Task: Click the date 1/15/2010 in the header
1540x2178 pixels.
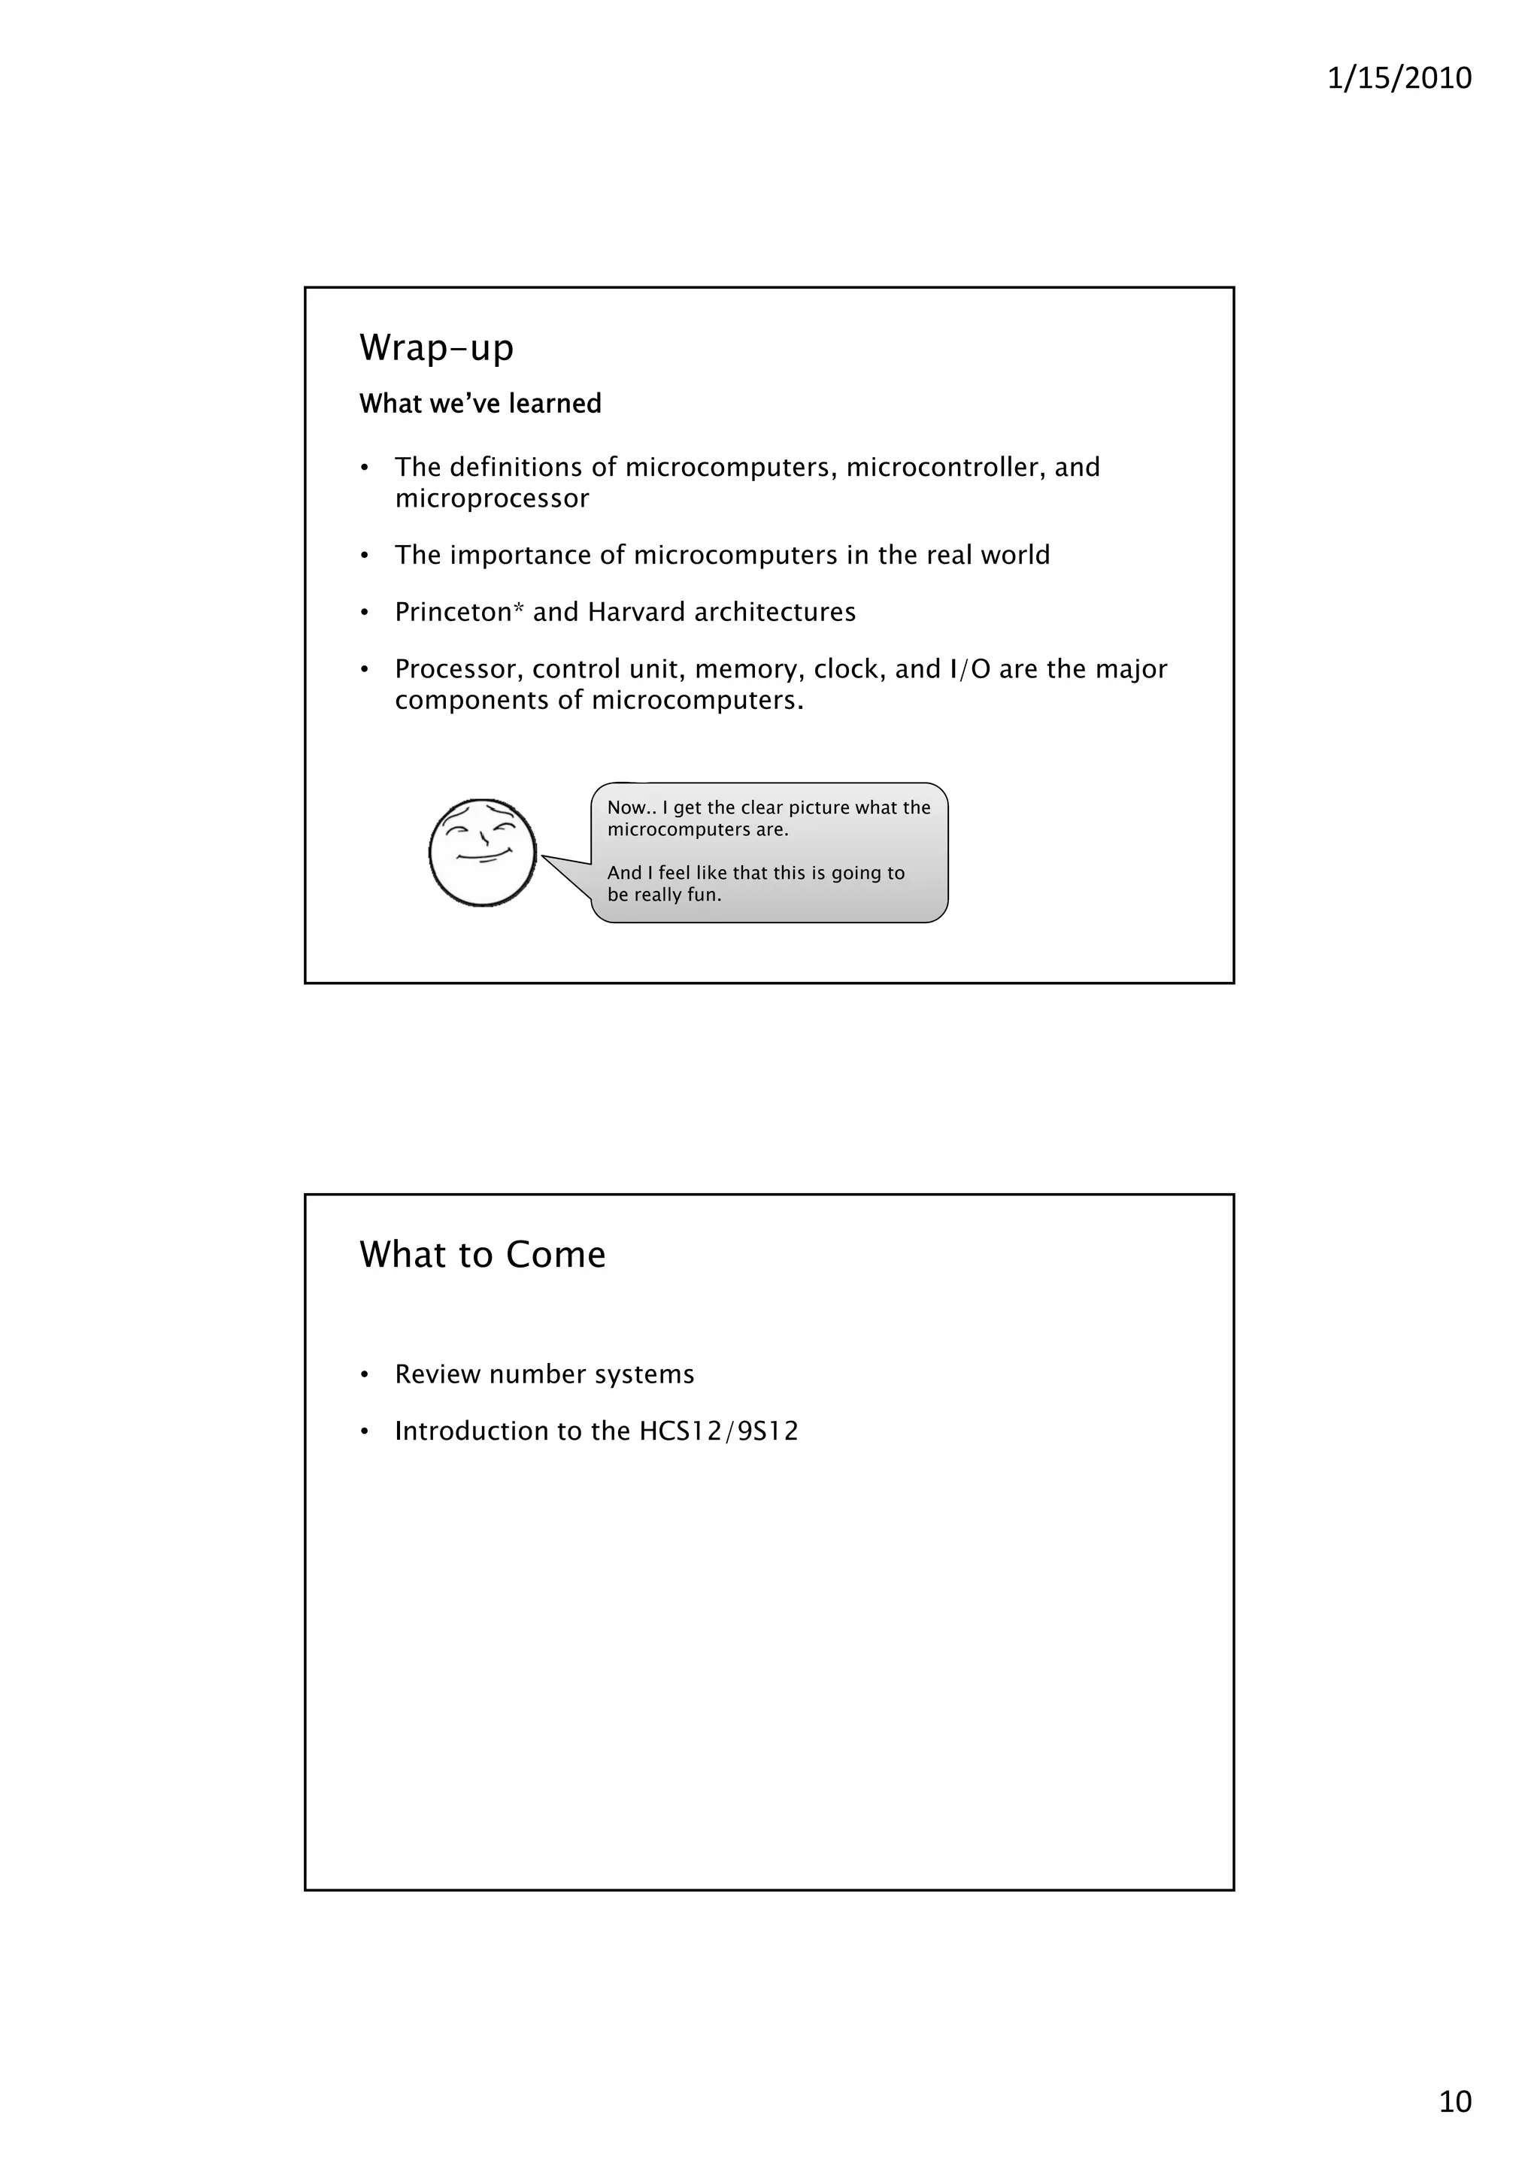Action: click(1399, 77)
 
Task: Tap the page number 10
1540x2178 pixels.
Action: click(1454, 2101)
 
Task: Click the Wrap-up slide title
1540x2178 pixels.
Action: click(436, 347)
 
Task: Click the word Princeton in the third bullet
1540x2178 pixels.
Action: click(453, 612)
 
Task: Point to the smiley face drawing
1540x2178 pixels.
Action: click(482, 852)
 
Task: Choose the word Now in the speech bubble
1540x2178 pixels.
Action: click(626, 807)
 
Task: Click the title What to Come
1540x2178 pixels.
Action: click(482, 1254)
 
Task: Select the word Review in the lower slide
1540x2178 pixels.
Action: click(438, 1374)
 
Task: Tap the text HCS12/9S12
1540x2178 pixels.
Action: click(718, 1431)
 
